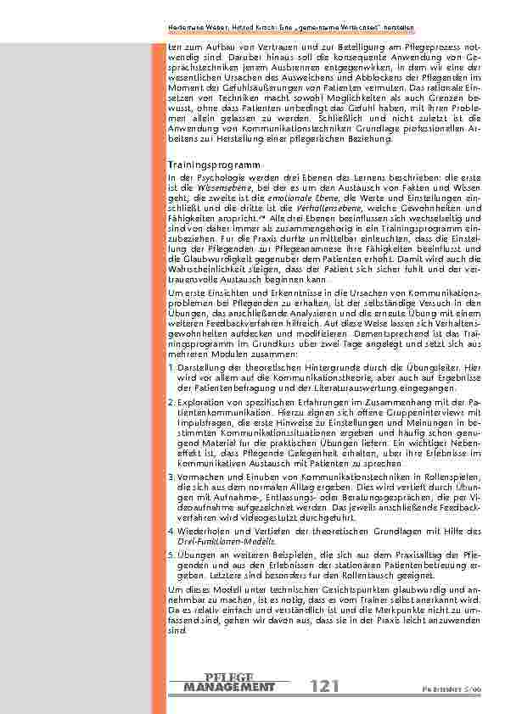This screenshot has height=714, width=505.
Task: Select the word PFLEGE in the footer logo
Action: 229,676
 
